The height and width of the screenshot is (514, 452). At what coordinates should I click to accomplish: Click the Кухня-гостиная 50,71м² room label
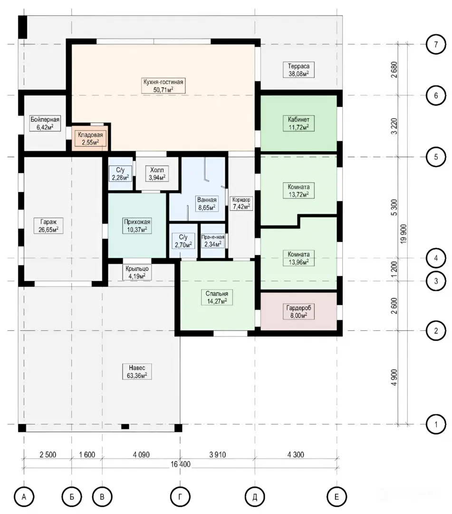[163, 86]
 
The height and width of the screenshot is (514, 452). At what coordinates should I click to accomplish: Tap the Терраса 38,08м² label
[298, 70]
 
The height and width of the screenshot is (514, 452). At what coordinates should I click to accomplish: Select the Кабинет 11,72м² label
[298, 123]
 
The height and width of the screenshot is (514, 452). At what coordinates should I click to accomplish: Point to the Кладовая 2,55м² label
[90, 138]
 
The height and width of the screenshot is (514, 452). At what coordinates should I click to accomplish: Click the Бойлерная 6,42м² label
[45, 123]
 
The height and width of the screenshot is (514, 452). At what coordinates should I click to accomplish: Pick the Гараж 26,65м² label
[48, 226]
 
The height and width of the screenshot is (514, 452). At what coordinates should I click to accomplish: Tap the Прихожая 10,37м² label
[137, 226]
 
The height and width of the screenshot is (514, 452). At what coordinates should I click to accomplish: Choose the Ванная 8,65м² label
[207, 204]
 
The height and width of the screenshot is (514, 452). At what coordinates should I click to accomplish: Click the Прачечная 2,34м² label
[213, 241]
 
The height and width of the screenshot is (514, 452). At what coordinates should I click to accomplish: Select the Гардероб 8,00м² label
[298, 312]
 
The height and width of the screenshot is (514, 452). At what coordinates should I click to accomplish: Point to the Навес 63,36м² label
[137, 371]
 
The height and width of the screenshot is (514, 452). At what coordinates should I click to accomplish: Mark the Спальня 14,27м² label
[217, 297]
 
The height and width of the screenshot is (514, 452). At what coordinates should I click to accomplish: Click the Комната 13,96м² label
[298, 258]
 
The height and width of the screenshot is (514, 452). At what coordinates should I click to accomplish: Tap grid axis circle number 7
[436, 44]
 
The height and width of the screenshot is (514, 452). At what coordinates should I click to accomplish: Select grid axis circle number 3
[436, 281]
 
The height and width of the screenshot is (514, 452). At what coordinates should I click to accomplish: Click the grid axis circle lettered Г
[180, 497]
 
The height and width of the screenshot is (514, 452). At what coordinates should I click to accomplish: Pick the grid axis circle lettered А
[24, 497]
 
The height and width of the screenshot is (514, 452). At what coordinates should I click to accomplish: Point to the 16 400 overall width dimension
[180, 464]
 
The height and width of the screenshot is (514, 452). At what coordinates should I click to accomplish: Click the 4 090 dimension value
[141, 455]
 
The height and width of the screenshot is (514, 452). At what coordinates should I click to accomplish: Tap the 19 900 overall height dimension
[403, 233]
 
